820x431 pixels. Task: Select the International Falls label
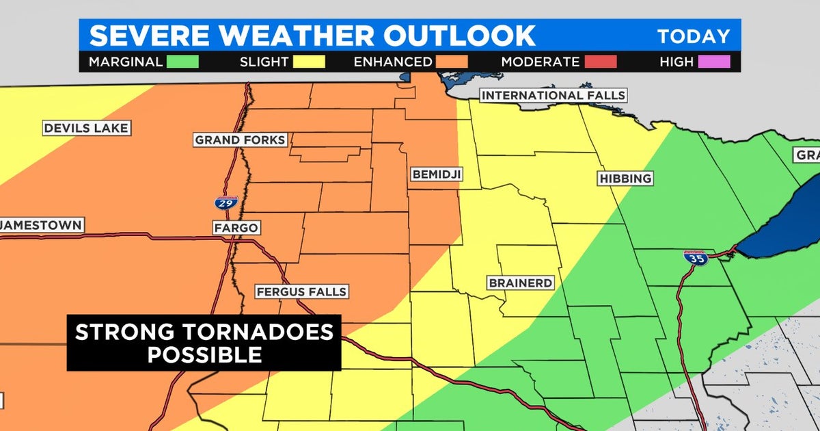click(x=553, y=95)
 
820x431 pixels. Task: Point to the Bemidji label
click(x=437, y=174)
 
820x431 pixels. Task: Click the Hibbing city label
click(x=625, y=179)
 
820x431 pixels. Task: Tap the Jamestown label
click(x=41, y=225)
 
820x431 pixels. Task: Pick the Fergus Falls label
click(x=301, y=291)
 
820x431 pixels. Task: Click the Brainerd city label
click(x=520, y=283)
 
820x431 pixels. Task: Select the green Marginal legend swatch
click(x=182, y=62)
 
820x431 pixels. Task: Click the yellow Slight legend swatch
click(x=310, y=62)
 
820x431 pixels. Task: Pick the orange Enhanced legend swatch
click(x=452, y=62)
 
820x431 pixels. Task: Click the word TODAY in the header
click(x=694, y=36)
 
